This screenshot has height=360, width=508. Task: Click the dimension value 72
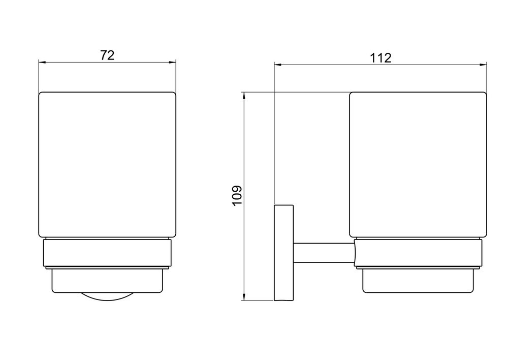(x=107, y=55)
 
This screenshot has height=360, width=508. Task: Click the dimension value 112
(x=380, y=58)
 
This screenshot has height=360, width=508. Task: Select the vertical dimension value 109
(x=237, y=195)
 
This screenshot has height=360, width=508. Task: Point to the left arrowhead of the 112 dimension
(x=278, y=65)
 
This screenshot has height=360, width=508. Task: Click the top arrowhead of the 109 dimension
(x=243, y=96)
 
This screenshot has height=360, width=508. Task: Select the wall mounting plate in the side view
(x=284, y=253)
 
